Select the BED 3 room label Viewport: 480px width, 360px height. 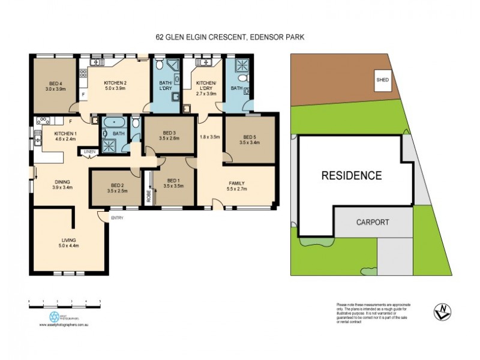click(x=170, y=133)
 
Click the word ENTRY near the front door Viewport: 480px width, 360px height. click(x=117, y=218)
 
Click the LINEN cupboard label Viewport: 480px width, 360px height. click(x=89, y=151)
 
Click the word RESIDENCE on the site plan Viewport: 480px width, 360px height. click(x=351, y=176)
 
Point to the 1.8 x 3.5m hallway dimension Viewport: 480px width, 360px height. click(x=210, y=137)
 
